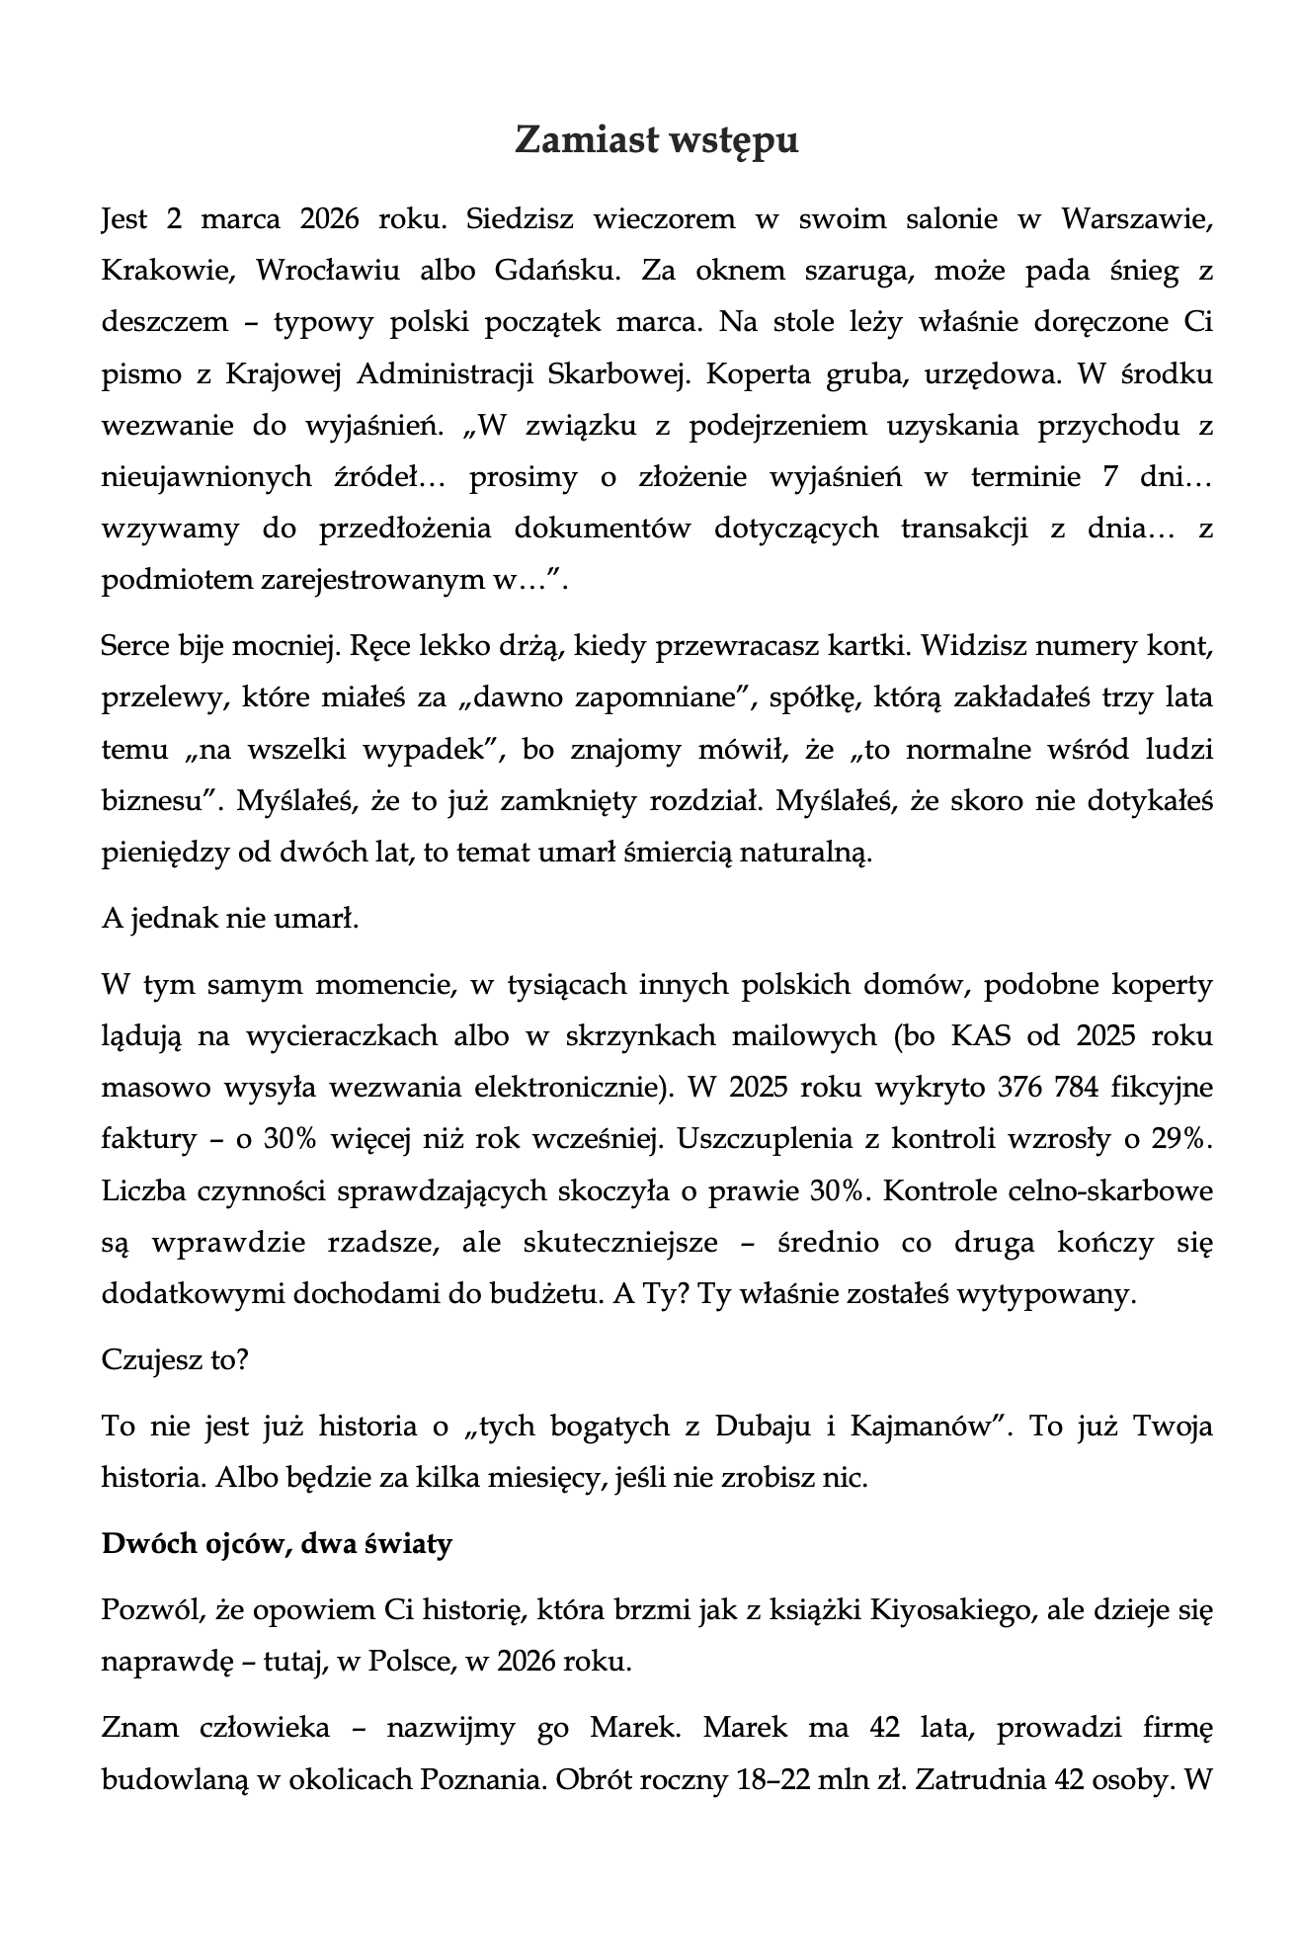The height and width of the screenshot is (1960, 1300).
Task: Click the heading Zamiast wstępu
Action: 656,141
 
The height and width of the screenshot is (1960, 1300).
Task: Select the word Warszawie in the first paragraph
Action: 1136,219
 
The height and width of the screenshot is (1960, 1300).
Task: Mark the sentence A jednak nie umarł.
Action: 229,919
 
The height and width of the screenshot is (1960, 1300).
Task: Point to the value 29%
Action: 1181,1139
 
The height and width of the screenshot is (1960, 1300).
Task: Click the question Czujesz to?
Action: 175,1360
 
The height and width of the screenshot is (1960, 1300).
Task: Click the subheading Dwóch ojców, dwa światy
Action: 277,1544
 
